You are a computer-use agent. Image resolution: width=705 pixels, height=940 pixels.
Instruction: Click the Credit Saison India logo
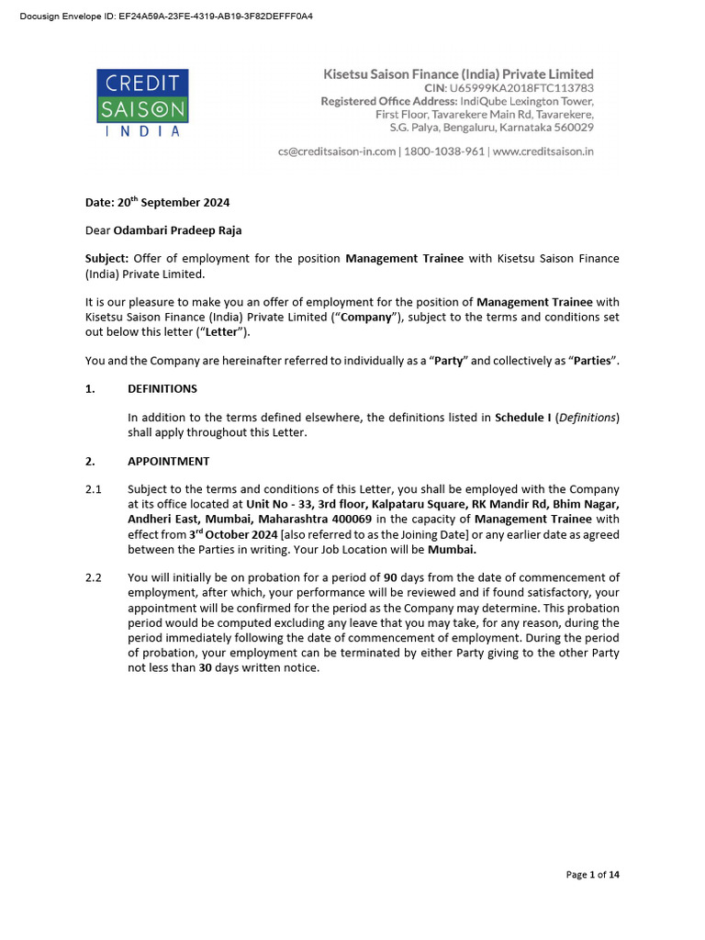pyautogui.click(x=142, y=103)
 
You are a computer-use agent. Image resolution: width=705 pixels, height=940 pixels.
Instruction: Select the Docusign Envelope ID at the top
pyautogui.click(x=166, y=17)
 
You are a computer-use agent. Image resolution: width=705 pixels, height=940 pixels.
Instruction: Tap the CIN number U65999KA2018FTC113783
pyautogui.click(x=521, y=87)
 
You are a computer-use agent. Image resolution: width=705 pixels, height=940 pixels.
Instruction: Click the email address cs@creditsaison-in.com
pyautogui.click(x=337, y=151)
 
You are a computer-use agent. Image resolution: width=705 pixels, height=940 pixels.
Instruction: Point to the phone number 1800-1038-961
pyautogui.click(x=444, y=151)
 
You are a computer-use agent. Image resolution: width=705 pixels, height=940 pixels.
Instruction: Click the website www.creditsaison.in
pyautogui.click(x=543, y=151)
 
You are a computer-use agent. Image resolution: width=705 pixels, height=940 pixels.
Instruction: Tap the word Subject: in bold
pyautogui.click(x=106, y=259)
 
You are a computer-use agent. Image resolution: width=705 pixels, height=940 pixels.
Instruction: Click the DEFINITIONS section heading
pyautogui.click(x=162, y=388)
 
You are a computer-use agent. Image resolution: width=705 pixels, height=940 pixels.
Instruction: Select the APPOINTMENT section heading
pyautogui.click(x=168, y=461)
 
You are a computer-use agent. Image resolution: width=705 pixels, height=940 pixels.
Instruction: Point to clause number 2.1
pyautogui.click(x=93, y=489)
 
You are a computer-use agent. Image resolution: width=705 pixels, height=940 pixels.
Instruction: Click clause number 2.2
pyautogui.click(x=93, y=577)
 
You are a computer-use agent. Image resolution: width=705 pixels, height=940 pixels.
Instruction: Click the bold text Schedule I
pyautogui.click(x=522, y=418)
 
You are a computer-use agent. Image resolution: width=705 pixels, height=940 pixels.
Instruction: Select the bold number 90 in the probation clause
pyautogui.click(x=390, y=577)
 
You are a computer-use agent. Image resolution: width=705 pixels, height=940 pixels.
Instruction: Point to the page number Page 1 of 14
pyautogui.click(x=592, y=875)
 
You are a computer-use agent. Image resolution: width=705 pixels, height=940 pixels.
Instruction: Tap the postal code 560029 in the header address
pyautogui.click(x=572, y=128)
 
